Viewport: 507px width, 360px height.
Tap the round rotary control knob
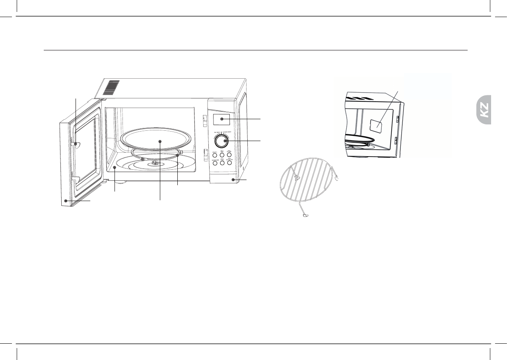coord(225,141)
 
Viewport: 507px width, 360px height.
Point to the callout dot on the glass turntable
coord(159,141)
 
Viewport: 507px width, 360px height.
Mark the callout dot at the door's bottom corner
coord(66,201)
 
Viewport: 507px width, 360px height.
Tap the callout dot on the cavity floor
coord(115,168)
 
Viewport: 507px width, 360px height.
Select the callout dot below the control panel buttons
coord(233,180)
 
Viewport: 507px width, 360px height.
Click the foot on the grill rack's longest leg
coord(305,216)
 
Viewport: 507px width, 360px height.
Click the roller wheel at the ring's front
coord(142,159)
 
